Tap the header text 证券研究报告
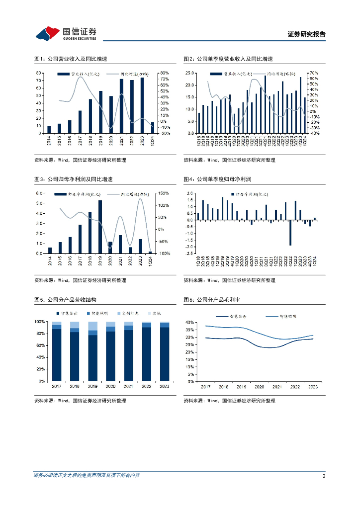coord(307,34)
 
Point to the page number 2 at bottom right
coord(324,476)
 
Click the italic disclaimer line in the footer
coord(87,476)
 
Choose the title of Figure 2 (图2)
coord(228,59)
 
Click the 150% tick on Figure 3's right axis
coord(164,193)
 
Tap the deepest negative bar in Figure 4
coord(290,233)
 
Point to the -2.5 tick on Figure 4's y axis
coord(189,254)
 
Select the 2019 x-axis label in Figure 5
coord(93,386)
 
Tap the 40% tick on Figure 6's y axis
coord(189,323)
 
